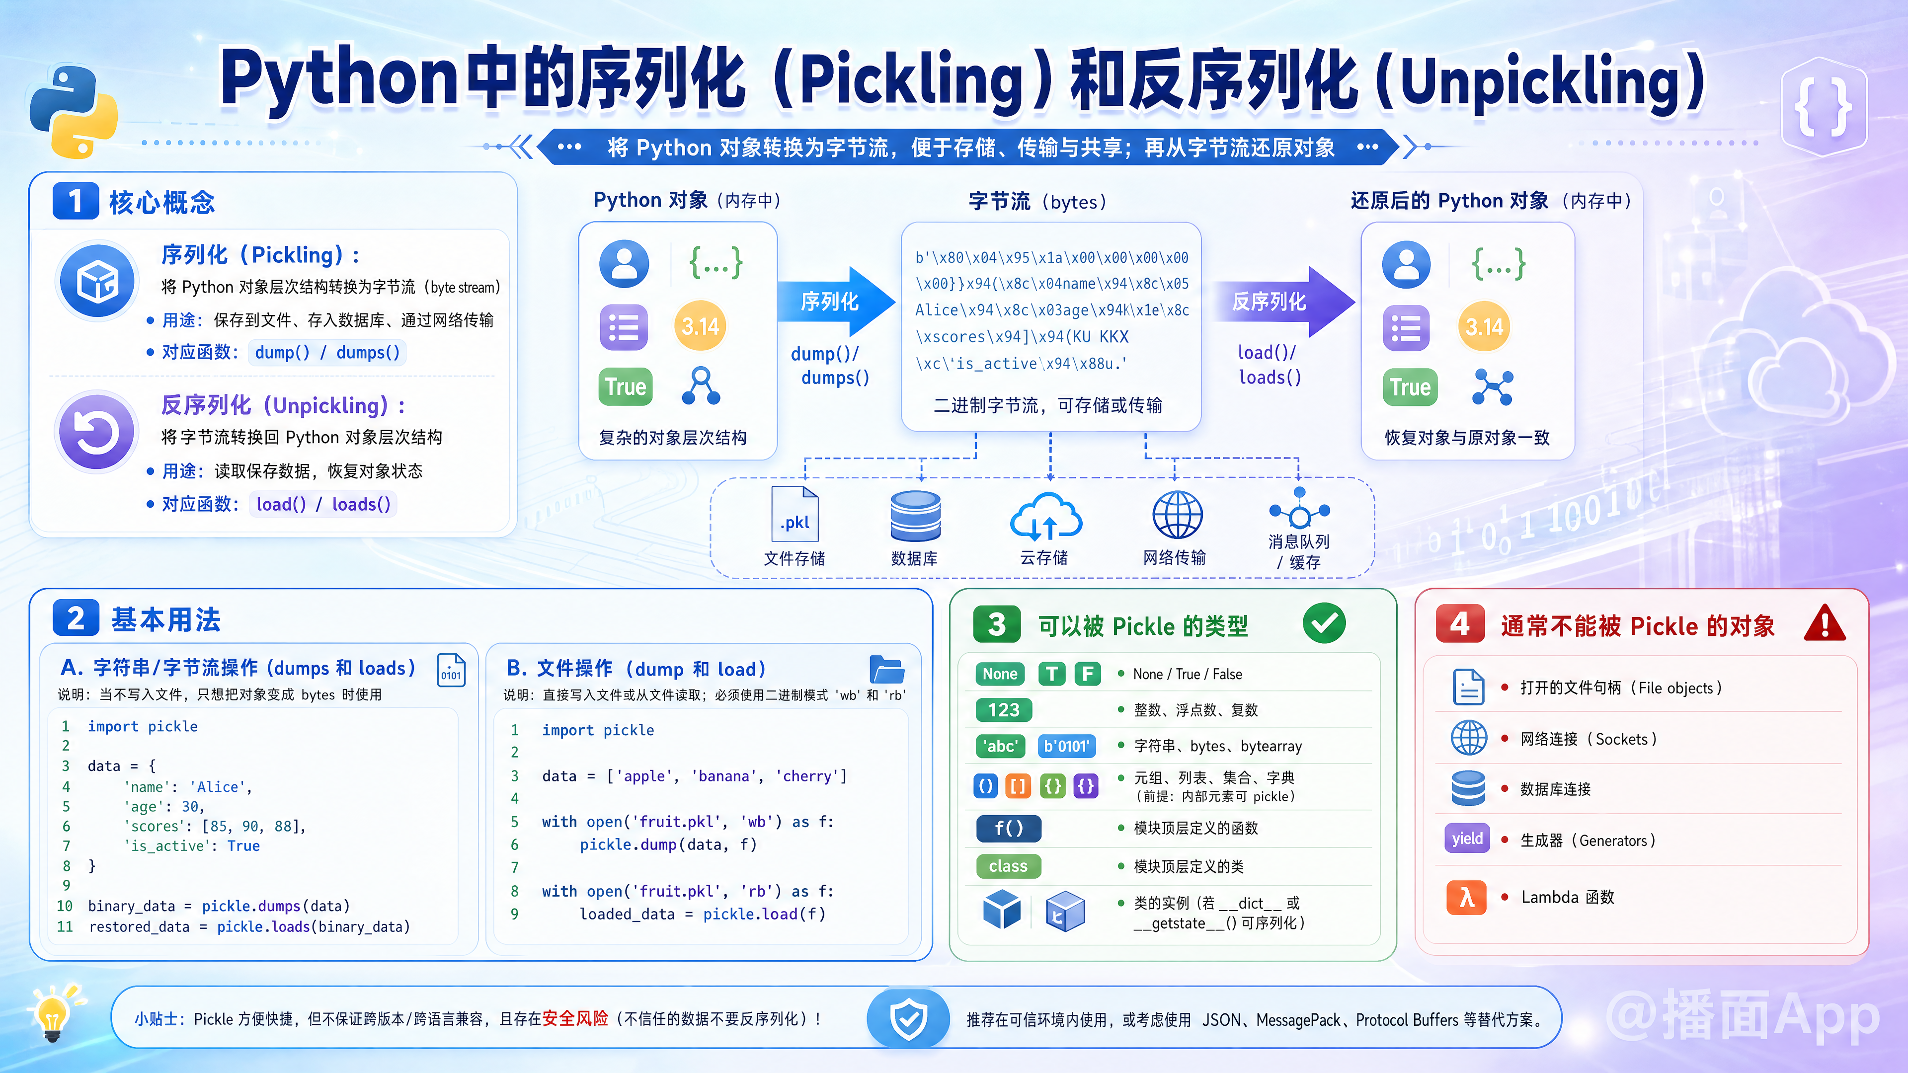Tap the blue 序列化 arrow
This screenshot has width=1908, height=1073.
(x=835, y=302)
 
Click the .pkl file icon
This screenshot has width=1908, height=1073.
(x=795, y=516)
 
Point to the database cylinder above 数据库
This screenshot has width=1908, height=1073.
(x=915, y=516)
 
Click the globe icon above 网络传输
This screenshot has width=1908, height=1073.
(x=1177, y=515)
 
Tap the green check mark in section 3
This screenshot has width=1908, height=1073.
(x=1324, y=623)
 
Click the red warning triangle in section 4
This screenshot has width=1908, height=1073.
(x=1825, y=623)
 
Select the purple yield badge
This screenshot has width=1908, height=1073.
(x=1467, y=839)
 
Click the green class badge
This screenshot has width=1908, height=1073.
(x=1008, y=866)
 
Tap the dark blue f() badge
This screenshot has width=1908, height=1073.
(x=1008, y=828)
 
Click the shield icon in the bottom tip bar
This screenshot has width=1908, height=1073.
(x=908, y=1019)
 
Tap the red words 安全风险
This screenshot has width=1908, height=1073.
(x=575, y=1019)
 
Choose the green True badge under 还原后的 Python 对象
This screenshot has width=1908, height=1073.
(x=1410, y=387)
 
